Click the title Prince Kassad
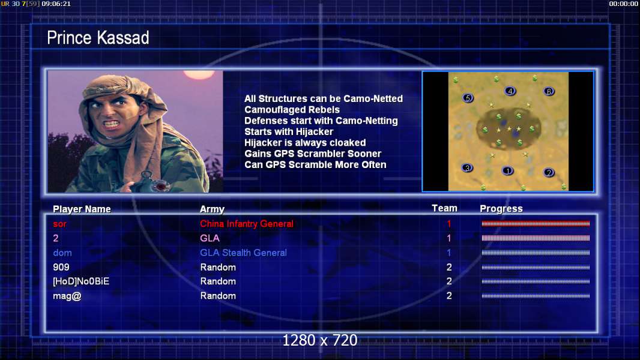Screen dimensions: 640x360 (98, 38)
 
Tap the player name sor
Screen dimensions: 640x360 (59, 224)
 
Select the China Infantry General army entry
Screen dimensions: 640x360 (247, 223)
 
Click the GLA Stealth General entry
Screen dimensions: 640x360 (243, 253)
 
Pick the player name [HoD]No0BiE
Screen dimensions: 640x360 (81, 281)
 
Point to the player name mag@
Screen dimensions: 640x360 (67, 296)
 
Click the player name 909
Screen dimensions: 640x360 (61, 267)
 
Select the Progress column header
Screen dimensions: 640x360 (501, 209)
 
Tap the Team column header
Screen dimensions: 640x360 (444, 208)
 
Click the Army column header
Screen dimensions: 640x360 (213, 209)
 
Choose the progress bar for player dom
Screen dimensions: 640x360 (536, 253)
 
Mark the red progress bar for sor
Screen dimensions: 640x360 (536, 223)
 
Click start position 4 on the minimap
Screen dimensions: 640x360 (510, 91)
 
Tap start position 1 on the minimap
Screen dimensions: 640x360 (507, 171)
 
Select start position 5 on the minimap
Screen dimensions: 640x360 (468, 98)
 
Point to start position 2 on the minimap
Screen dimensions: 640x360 (549, 172)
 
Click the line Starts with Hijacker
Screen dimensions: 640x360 (289, 131)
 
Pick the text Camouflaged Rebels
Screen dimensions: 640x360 (292, 110)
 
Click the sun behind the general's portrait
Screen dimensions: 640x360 (199, 74)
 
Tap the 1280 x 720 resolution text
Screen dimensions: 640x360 (320, 340)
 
